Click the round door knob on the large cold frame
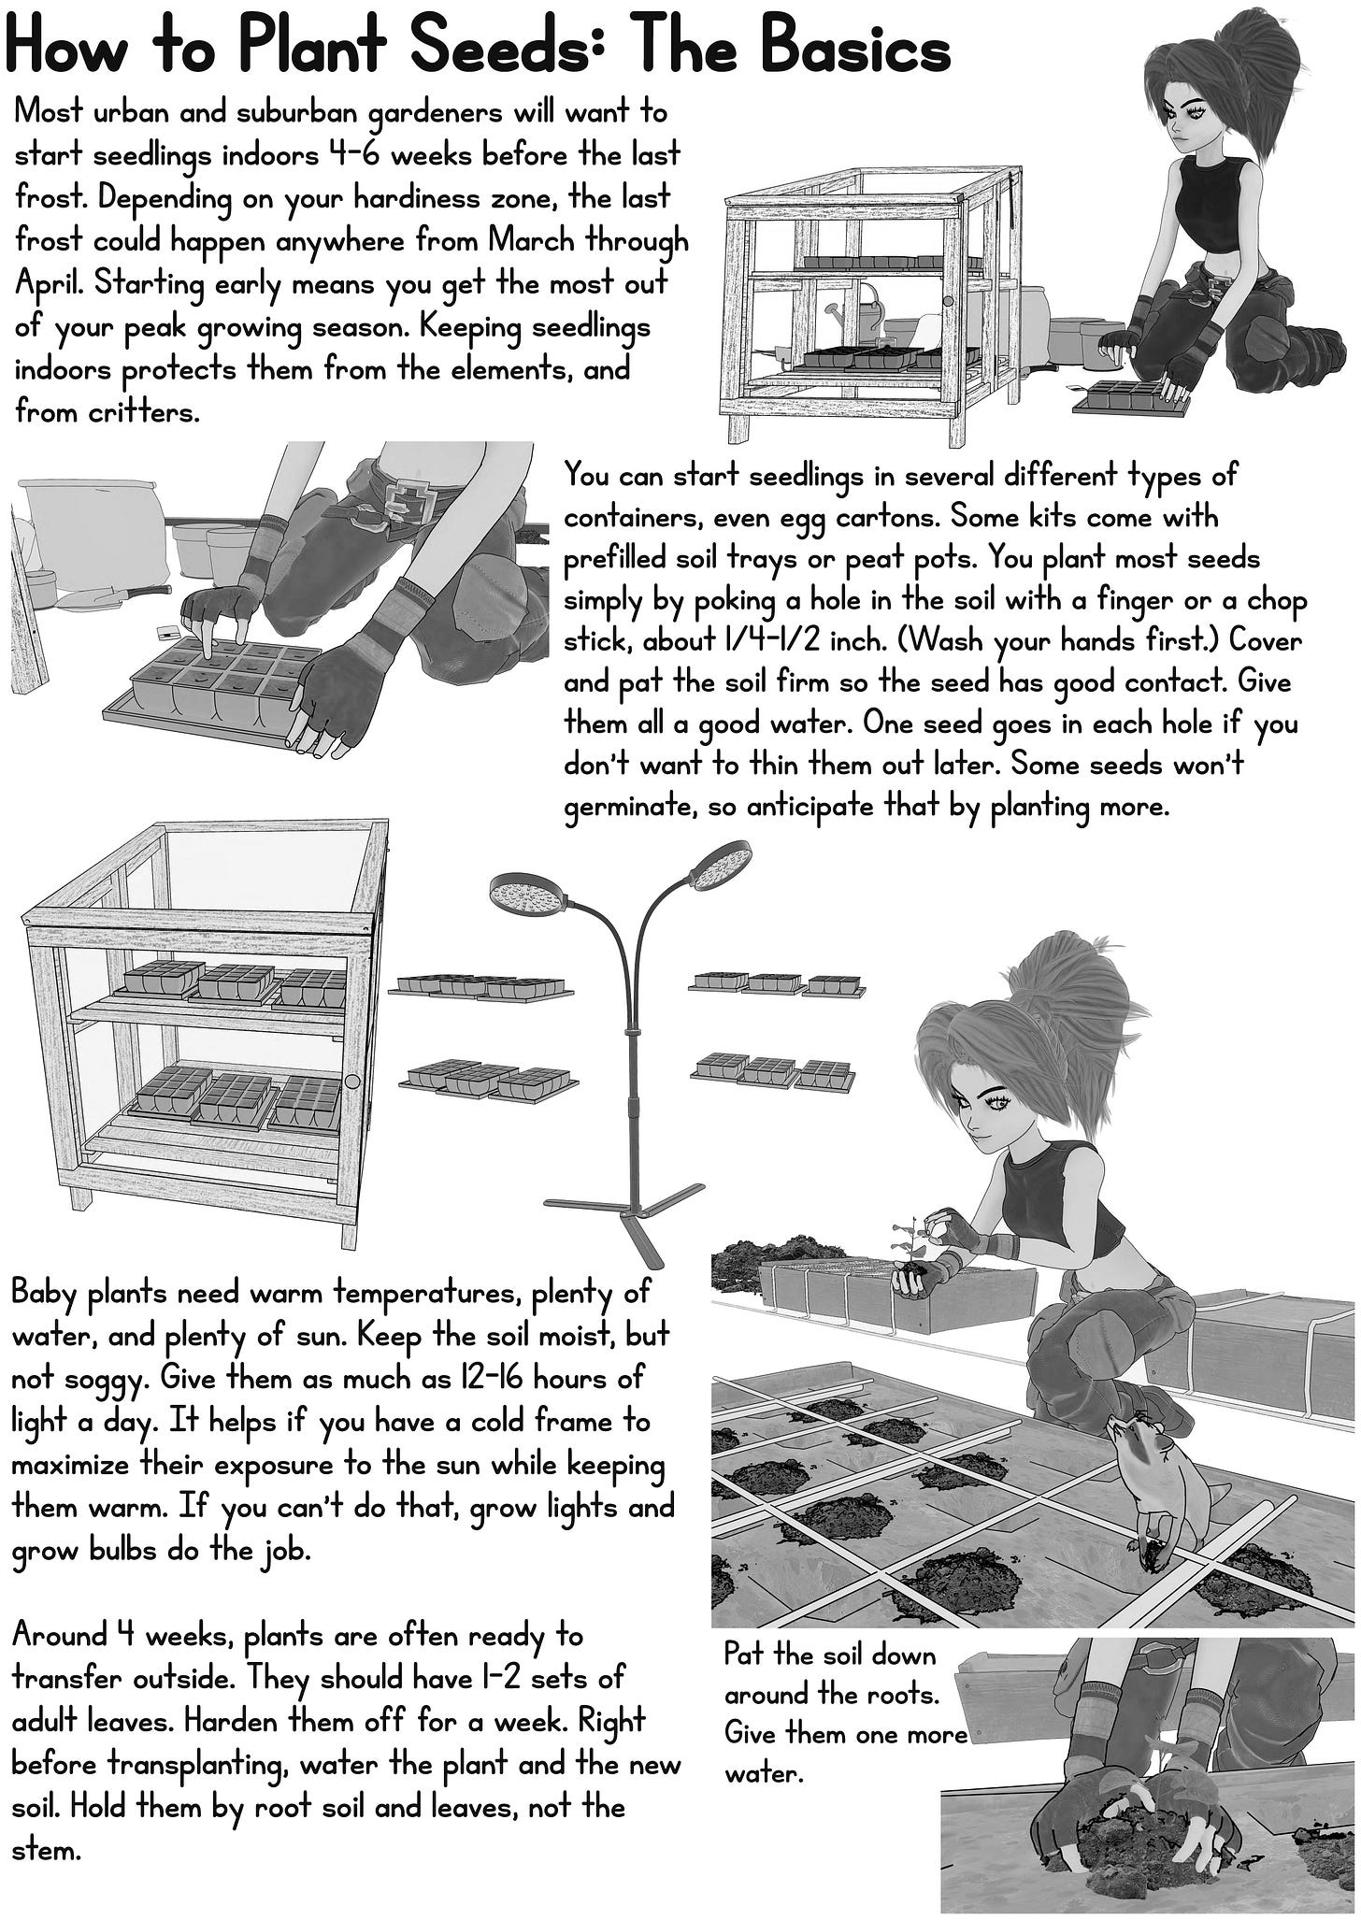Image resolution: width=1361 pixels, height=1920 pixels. coord(352,1081)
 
